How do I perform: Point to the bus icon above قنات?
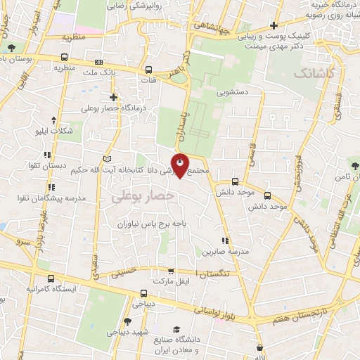148,70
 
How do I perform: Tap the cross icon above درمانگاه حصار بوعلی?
113,97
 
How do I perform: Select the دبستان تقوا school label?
67,167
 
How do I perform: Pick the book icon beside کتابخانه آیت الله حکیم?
108,158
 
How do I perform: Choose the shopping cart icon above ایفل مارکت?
170,271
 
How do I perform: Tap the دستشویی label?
232,92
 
